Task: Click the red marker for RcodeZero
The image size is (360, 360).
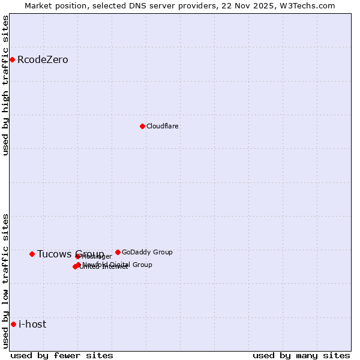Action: [12, 59]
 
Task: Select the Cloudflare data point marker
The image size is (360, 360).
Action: [142, 126]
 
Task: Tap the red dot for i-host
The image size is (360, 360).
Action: [13, 324]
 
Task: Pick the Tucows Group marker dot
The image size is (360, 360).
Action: [32, 254]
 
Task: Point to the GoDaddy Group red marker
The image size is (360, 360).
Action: [118, 252]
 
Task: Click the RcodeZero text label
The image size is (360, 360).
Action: [43, 59]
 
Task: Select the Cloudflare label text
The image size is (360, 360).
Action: [163, 126]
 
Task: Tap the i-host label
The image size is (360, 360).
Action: [32, 324]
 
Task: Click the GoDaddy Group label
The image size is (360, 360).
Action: [147, 252]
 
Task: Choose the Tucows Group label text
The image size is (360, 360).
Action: [70, 254]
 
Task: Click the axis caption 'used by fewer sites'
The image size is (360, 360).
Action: [62, 355]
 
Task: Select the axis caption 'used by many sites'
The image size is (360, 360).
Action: [301, 355]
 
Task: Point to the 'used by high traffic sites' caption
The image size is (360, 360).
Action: [6, 85]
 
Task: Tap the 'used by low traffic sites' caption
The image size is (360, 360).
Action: [6, 280]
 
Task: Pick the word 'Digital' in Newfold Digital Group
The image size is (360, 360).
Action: [122, 265]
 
